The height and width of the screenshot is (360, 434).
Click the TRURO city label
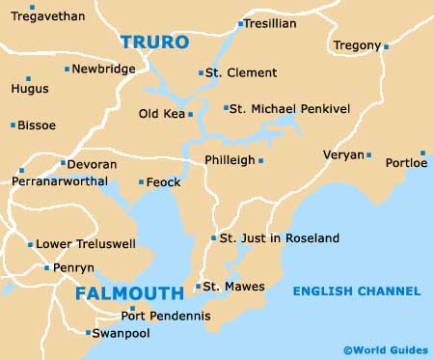pyautogui.click(x=155, y=42)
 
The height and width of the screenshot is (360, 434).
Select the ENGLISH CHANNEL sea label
pyautogui.click(x=357, y=291)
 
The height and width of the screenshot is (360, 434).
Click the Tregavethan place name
pyautogui.click(x=48, y=16)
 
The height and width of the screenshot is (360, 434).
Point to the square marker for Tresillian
pyautogui.click(x=240, y=24)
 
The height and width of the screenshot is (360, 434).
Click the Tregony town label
pyautogui.click(x=357, y=45)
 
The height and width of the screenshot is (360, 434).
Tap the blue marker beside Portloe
pyautogui.click(x=422, y=152)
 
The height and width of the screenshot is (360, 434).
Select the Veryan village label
pyautogui.click(x=344, y=154)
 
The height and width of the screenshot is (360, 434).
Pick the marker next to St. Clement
pyautogui.click(x=201, y=72)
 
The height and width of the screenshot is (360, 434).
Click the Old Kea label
pyautogui.click(x=161, y=114)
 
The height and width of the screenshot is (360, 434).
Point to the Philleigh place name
pyautogui.click(x=229, y=160)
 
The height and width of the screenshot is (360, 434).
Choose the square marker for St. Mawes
pyautogui.click(x=198, y=286)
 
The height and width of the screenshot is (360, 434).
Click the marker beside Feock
pyautogui.click(x=141, y=181)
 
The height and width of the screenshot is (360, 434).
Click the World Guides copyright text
pyautogui.click(x=384, y=350)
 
